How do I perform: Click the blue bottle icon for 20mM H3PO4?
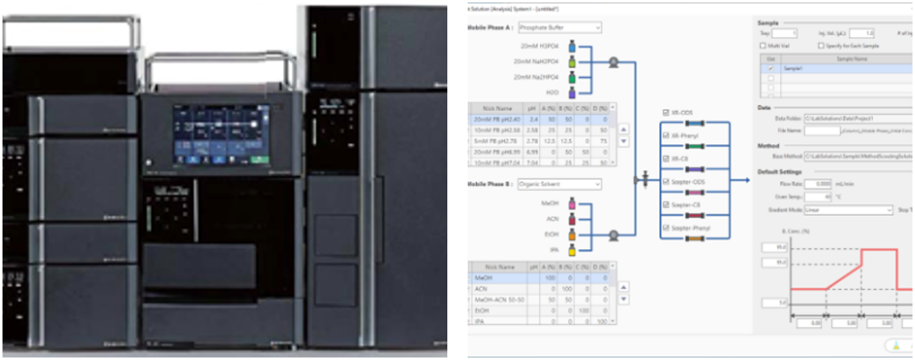tap(573, 46)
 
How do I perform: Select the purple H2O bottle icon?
tap(573, 91)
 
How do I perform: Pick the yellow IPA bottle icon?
tap(573, 249)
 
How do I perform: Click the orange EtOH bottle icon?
tap(573, 235)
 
